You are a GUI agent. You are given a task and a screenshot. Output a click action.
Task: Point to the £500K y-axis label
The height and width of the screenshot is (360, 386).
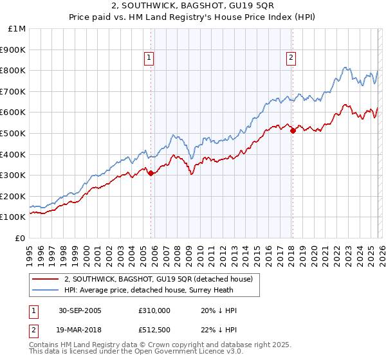click(13, 134)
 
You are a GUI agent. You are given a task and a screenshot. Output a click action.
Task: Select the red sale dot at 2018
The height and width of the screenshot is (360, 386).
click(293, 130)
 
